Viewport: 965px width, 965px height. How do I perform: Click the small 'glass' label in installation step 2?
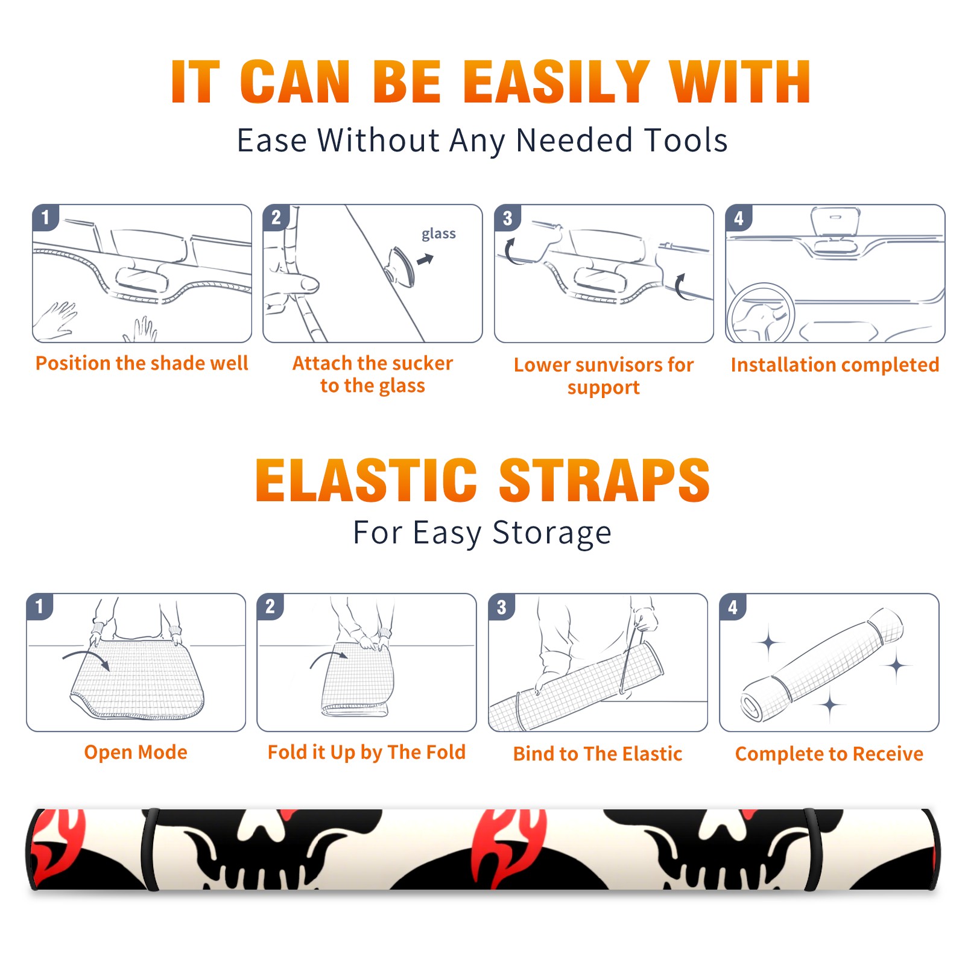pyautogui.click(x=438, y=233)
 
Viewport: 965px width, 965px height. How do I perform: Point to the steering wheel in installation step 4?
pyautogui.click(x=761, y=314)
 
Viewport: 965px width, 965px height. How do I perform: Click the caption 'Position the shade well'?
pyautogui.click(x=142, y=363)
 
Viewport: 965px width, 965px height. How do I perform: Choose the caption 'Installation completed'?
pyautogui.click(x=835, y=365)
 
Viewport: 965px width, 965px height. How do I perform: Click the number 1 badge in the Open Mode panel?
pyautogui.click(x=40, y=606)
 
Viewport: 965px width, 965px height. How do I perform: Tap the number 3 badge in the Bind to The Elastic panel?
pyautogui.click(x=502, y=607)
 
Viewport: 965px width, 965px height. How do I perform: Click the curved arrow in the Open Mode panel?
pyautogui.click(x=86, y=658)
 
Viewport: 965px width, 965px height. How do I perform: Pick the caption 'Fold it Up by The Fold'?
pyautogui.click(x=367, y=752)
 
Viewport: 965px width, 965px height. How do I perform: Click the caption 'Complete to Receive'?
pyautogui.click(x=829, y=754)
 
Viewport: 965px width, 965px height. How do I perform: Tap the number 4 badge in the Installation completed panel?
pyautogui.click(x=739, y=218)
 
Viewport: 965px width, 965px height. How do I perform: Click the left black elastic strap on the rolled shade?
pyautogui.click(x=150, y=850)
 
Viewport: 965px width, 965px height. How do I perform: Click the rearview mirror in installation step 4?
pyautogui.click(x=835, y=223)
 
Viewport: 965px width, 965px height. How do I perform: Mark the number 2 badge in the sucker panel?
pyautogui.click(x=276, y=218)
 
